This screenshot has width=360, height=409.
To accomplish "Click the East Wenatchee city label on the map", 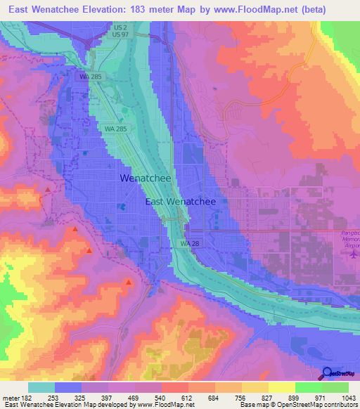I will tap(185, 201).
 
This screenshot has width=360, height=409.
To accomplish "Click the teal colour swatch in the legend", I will tap(41, 387).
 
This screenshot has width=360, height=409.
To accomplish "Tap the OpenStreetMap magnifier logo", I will tap(328, 374).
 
